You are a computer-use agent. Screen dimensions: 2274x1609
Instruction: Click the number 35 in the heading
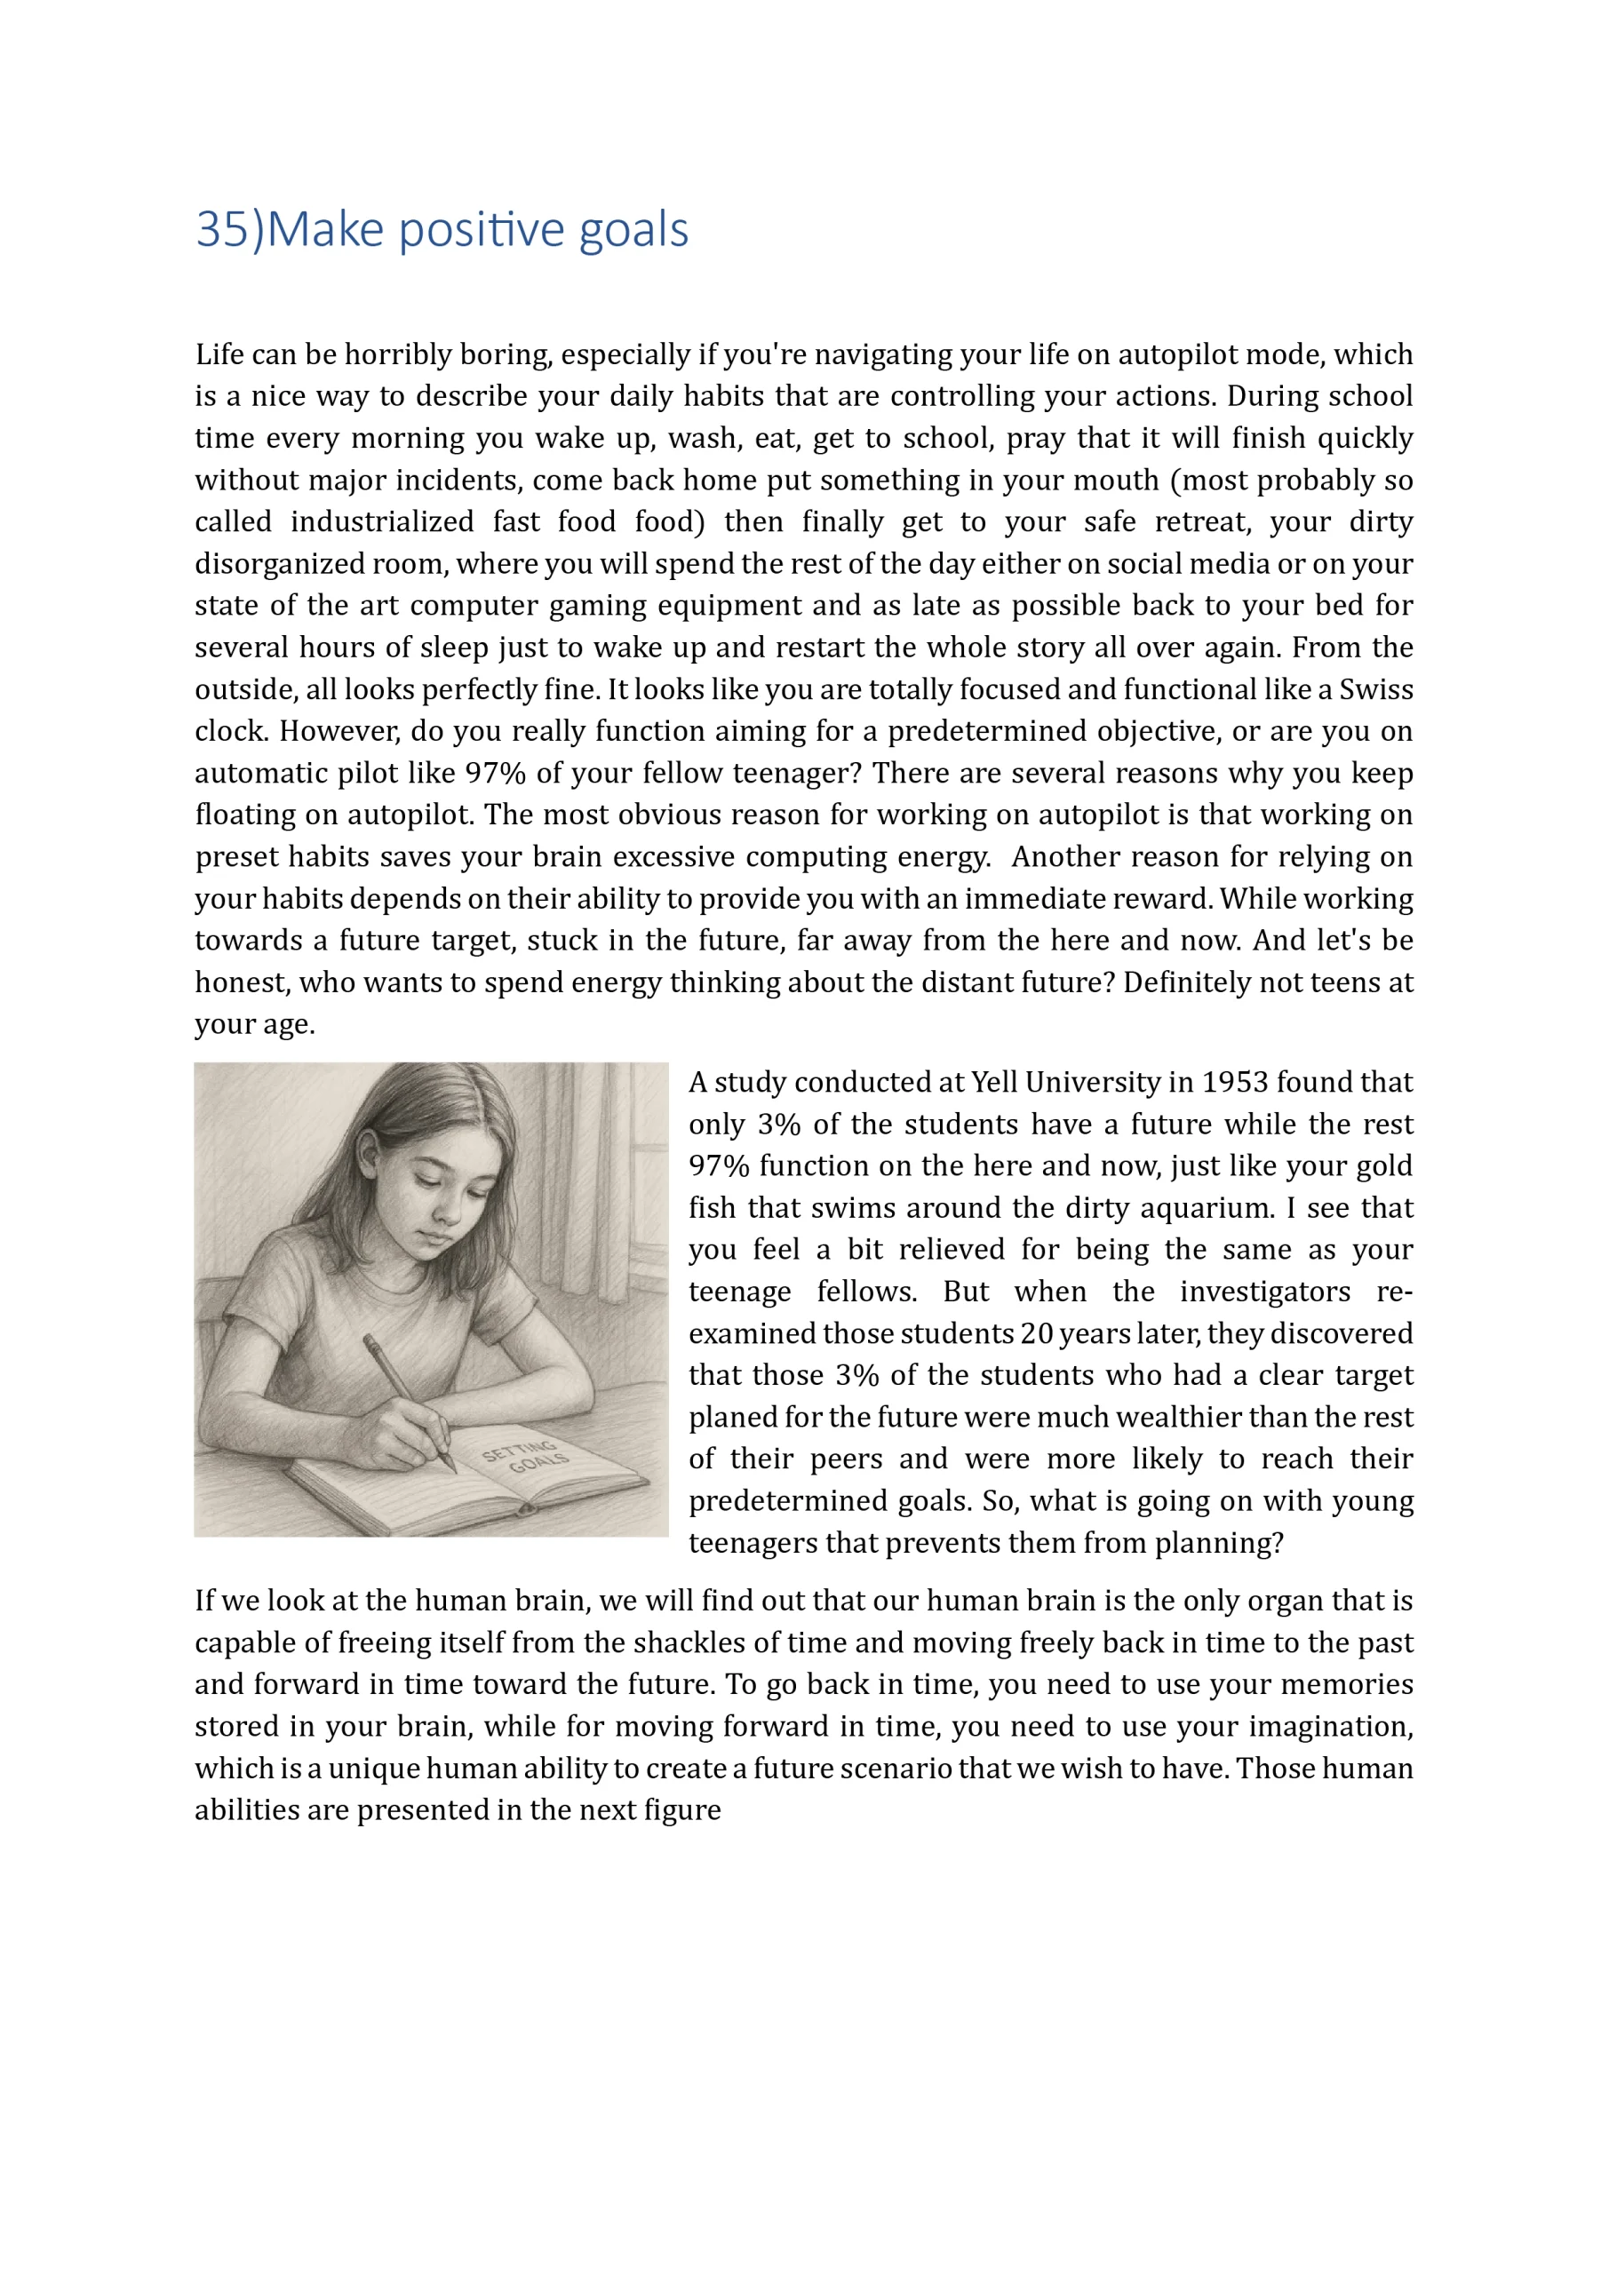tap(221, 230)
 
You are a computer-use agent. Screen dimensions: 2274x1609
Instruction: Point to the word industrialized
tap(381, 522)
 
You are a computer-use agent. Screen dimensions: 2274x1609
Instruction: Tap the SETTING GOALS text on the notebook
tap(525, 1457)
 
